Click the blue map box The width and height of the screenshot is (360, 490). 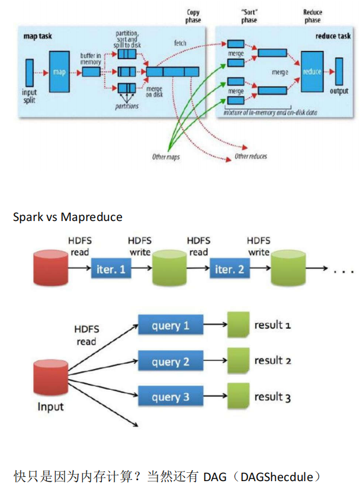point(59,72)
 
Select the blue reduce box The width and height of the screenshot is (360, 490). point(312,72)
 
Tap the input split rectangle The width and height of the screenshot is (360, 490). point(30,73)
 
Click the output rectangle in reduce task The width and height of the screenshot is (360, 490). point(339,71)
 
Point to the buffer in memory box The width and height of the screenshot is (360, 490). point(91,72)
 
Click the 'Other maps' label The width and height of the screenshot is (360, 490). point(166,156)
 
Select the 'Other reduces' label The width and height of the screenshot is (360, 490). point(250,156)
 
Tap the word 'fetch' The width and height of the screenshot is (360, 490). point(180,43)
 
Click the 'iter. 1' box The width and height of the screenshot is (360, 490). point(111,268)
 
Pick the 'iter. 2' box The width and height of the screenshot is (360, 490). point(230,268)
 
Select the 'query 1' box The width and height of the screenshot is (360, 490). point(171,325)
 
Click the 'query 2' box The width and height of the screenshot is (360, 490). point(171,361)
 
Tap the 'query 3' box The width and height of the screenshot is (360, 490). point(171,396)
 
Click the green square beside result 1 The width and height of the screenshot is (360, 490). point(238,325)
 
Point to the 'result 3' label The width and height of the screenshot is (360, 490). point(272,397)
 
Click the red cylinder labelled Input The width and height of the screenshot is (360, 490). point(50,377)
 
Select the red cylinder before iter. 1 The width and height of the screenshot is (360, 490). point(50,267)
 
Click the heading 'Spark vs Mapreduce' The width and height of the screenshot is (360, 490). point(67,217)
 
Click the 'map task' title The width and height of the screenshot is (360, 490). point(38,36)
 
